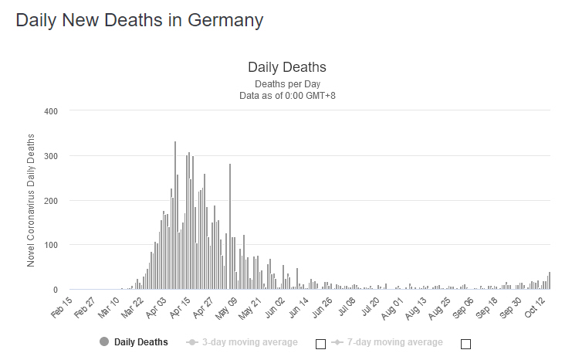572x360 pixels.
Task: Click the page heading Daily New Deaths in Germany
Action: (x=140, y=21)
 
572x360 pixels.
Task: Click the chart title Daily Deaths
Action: (x=286, y=67)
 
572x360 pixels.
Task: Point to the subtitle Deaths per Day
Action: (x=286, y=83)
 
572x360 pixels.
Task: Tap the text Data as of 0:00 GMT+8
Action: (x=286, y=95)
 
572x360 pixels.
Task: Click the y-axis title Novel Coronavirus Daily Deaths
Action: (x=32, y=200)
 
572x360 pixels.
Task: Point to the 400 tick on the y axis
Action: (x=51, y=111)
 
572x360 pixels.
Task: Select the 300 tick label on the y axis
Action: (x=51, y=156)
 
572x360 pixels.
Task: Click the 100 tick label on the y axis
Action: (x=51, y=245)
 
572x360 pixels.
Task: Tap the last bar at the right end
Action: (x=550, y=281)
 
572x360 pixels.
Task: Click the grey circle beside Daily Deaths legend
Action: (x=104, y=341)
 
